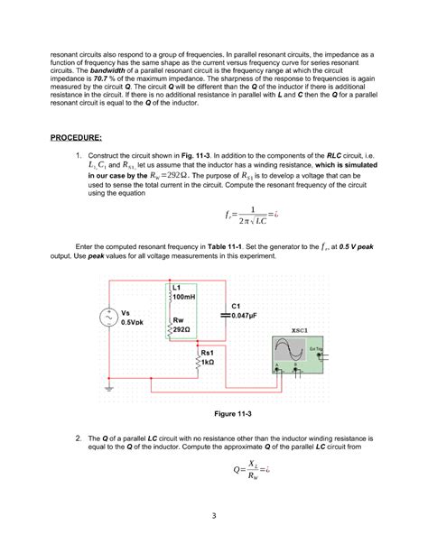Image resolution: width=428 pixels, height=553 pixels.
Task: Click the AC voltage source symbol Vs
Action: tap(108, 318)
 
